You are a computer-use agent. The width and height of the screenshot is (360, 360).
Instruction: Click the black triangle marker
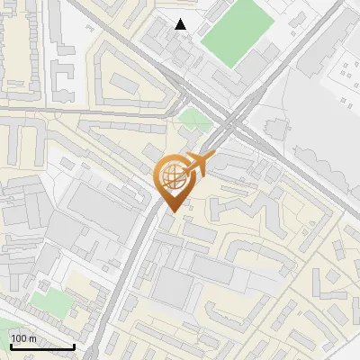pos(181,24)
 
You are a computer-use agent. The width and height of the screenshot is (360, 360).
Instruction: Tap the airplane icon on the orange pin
pos(197,166)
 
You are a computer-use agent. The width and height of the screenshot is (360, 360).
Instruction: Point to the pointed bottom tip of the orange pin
pos(172,211)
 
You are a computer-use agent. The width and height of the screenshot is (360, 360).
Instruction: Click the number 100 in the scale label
pos(20,338)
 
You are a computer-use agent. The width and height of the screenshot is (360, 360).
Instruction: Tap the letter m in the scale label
pos(32,338)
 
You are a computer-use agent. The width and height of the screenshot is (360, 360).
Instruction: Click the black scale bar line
pos(41,346)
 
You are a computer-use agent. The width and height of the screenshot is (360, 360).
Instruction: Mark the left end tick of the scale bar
pos(10,345)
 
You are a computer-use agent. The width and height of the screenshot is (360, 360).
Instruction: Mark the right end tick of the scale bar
pos(74,345)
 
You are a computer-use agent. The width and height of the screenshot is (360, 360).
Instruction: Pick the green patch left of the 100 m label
pos(4,328)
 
